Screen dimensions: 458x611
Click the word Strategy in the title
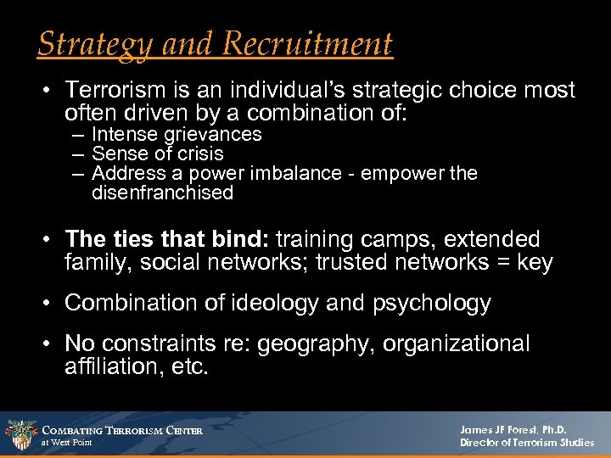87,43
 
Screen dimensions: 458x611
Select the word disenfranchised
162,193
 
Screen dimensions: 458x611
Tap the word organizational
457,344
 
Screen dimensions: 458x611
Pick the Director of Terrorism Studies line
526,443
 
